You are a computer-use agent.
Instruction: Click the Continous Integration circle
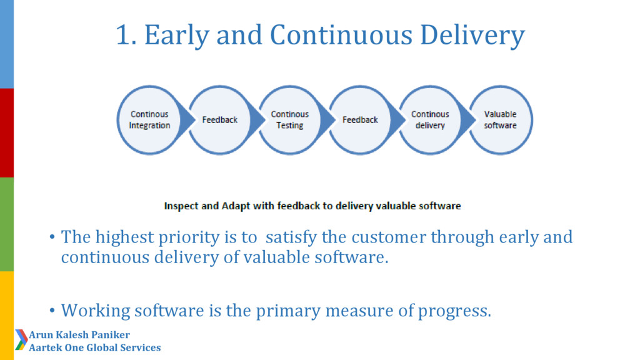click(149, 120)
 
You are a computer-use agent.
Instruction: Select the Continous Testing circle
click(290, 120)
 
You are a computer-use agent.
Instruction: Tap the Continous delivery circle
click(430, 120)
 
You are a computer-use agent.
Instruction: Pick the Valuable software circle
click(501, 120)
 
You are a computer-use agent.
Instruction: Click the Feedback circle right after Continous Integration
click(219, 120)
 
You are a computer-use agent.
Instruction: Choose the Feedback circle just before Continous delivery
click(360, 120)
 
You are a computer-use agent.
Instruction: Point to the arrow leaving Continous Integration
click(186, 120)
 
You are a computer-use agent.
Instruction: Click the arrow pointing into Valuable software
click(467, 120)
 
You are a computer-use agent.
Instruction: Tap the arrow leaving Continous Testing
click(327, 120)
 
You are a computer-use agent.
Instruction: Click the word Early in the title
click(177, 36)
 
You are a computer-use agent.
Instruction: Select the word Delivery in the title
click(472, 36)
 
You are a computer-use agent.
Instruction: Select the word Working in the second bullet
click(96, 311)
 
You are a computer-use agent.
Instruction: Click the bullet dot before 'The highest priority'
click(52, 237)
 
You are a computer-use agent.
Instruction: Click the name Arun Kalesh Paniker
click(79, 335)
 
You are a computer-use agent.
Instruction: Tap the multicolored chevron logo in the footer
click(22, 339)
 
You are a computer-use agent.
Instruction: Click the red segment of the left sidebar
click(6, 133)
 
